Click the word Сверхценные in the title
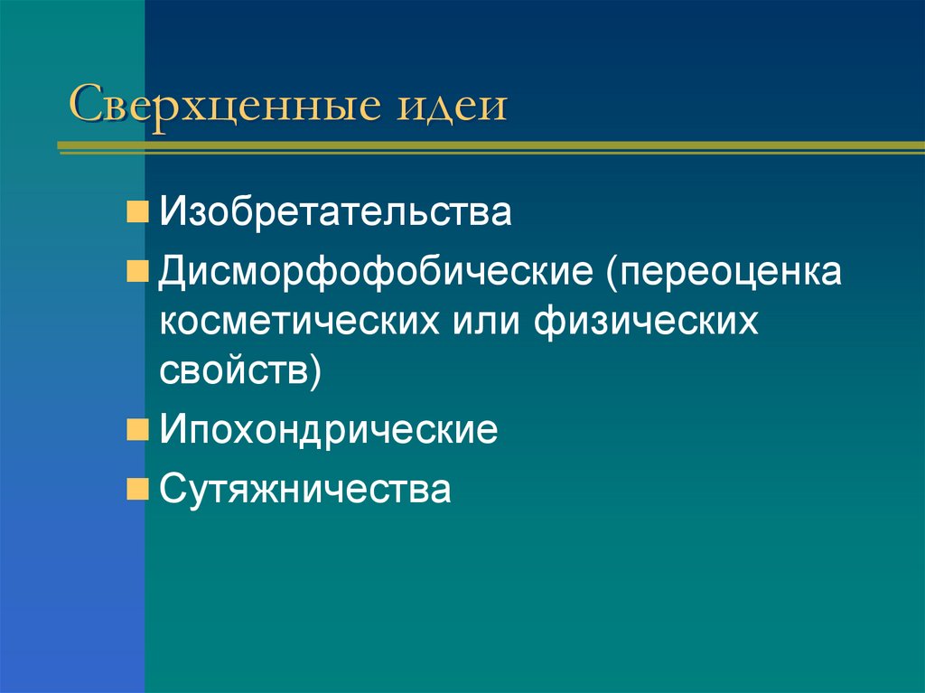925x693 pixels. [222, 106]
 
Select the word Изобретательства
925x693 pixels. [336, 214]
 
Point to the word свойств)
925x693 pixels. [240, 372]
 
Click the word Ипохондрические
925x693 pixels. [329, 430]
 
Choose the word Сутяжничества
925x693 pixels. [305, 489]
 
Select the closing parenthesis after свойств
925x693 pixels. [314, 373]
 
